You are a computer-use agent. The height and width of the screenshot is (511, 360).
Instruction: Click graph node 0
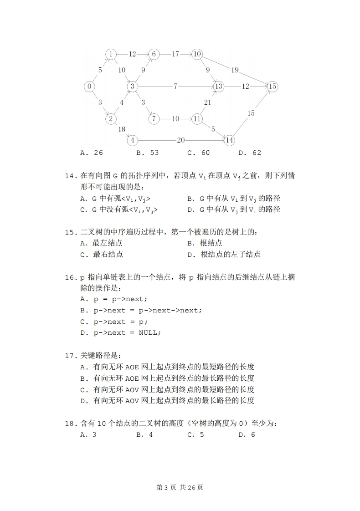point(90,87)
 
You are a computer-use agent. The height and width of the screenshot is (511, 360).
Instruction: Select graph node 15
point(272,86)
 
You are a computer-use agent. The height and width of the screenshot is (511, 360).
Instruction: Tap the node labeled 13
point(219,86)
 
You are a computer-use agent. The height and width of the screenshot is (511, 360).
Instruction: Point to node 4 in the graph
point(133,140)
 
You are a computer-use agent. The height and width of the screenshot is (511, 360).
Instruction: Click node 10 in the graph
point(197,54)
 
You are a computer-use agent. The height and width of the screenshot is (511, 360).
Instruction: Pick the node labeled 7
point(154,119)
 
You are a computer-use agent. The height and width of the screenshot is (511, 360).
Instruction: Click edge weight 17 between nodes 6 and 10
point(175,54)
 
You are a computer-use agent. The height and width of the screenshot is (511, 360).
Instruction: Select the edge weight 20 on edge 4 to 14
point(181,140)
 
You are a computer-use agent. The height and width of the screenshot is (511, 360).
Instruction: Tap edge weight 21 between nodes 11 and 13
point(207,103)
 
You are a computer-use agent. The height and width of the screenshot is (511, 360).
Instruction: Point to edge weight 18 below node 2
point(122,129)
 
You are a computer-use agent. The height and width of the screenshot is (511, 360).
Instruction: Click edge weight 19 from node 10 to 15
point(235,70)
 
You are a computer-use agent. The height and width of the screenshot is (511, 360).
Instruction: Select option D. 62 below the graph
point(250,153)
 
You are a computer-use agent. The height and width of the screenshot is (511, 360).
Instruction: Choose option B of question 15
point(205,243)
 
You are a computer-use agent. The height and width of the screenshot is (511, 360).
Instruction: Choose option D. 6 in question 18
point(247,434)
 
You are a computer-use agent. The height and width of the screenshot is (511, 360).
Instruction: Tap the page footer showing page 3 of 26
point(180,487)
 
